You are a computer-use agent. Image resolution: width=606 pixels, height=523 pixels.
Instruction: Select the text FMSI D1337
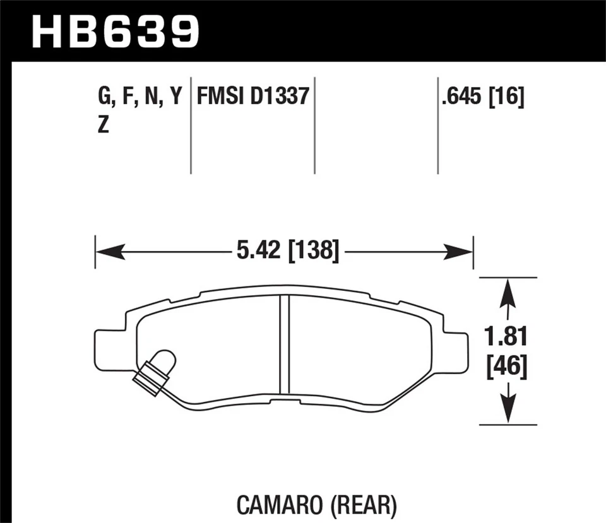click(x=252, y=97)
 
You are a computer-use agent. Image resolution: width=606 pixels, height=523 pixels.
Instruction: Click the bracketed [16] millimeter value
click(x=508, y=97)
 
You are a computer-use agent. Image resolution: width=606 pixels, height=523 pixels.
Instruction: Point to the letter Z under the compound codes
click(x=103, y=126)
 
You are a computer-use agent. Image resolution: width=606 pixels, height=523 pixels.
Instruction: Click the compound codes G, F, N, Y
click(x=140, y=97)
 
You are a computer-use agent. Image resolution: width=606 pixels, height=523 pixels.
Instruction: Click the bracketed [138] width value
click(x=314, y=251)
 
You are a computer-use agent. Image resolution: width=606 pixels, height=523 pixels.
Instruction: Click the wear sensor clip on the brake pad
click(x=155, y=372)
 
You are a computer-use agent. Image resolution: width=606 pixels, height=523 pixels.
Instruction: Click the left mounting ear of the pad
click(x=107, y=351)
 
